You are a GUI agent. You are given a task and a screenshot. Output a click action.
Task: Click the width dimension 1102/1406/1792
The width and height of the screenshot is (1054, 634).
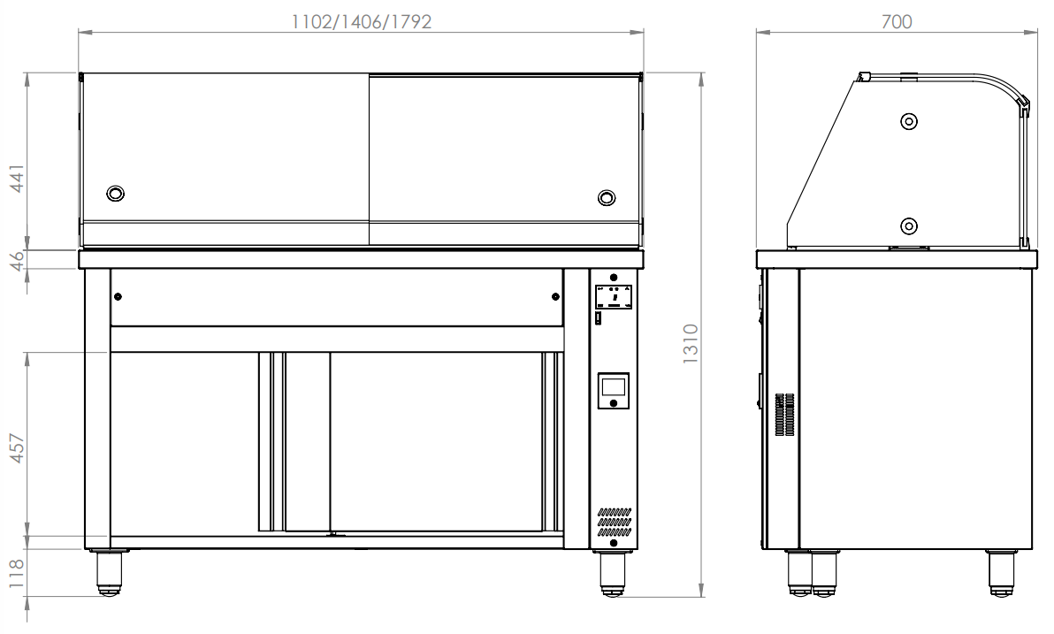(x=362, y=21)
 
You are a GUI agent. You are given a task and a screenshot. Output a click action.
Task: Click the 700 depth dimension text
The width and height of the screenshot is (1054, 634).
(x=896, y=21)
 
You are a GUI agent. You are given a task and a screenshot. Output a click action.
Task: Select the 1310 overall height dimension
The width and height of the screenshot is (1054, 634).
(x=691, y=343)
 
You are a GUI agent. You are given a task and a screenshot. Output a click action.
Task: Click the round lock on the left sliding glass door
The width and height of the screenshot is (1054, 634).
(x=115, y=194)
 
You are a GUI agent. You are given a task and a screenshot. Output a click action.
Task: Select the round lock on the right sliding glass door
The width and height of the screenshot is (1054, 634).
(x=607, y=197)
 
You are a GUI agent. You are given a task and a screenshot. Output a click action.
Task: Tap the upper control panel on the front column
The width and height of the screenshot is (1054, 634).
(x=614, y=297)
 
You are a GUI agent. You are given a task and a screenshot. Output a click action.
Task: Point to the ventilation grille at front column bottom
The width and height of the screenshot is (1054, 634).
(x=614, y=523)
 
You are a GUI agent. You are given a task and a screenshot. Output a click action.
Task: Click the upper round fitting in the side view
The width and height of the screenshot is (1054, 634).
(x=909, y=121)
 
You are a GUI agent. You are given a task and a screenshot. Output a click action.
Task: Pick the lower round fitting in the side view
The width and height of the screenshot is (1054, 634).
(x=909, y=225)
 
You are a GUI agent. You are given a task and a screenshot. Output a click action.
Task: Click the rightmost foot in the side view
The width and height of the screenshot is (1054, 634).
(x=1002, y=572)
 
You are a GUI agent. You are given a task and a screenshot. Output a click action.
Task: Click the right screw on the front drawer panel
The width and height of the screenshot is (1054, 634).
(x=555, y=296)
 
